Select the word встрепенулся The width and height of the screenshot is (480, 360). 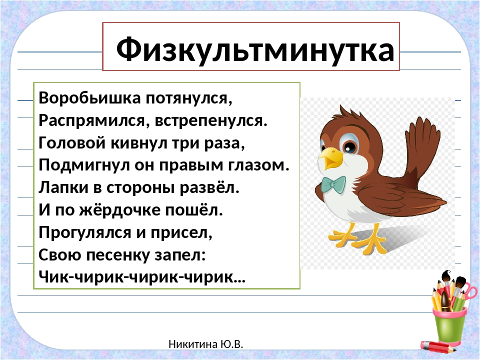pos(211,121)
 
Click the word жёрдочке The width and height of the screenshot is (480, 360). pos(120,210)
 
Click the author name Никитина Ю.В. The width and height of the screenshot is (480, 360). pos(205,344)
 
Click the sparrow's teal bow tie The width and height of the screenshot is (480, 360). pos(333,184)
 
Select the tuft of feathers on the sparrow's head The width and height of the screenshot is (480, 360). pos(346,113)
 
